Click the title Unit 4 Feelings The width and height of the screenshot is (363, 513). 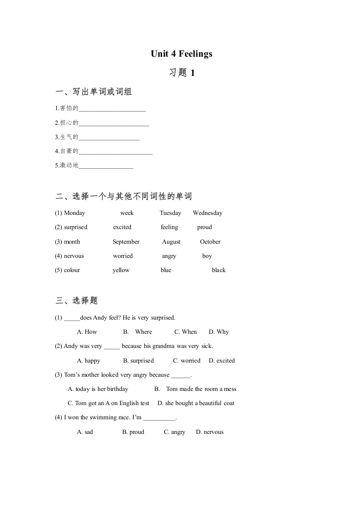tap(182, 54)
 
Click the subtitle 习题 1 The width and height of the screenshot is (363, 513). tap(182, 73)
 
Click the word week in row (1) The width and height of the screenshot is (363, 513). tap(127, 213)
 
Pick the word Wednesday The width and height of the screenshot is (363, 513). tap(207, 213)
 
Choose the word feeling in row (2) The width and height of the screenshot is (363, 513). tap(169, 227)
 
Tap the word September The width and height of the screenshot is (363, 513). tap(126, 242)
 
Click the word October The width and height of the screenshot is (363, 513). tap(210, 242)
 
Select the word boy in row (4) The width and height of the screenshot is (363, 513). tap(207, 256)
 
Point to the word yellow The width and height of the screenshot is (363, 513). tap(121, 270)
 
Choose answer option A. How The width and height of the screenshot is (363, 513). tap(87, 332)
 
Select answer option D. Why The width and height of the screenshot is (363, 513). tap(219, 332)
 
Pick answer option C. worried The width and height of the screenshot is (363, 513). tap(187, 361)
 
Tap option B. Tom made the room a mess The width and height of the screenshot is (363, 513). tap(195, 389)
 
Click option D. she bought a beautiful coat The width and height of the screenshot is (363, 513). tap(196, 403)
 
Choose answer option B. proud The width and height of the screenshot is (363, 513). tap(133, 432)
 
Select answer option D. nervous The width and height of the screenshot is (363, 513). tap(210, 432)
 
